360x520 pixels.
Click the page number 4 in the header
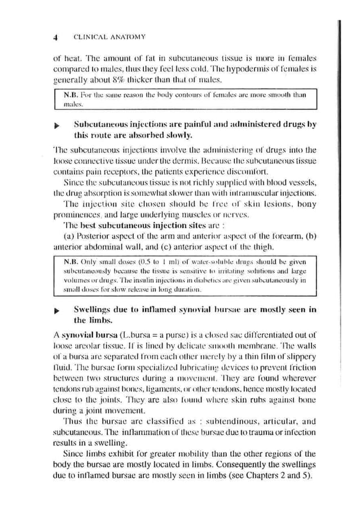(x=56, y=37)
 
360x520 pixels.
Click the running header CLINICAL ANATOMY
(x=102, y=37)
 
